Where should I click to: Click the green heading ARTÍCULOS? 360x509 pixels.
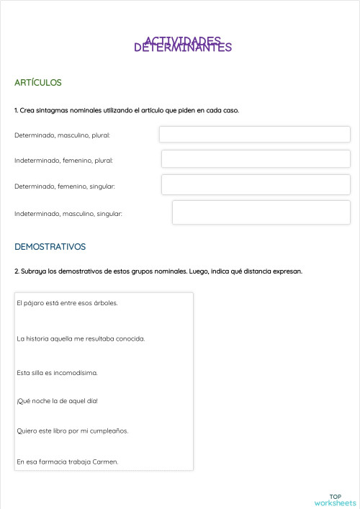click(37, 83)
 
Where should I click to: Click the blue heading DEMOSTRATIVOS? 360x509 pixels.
click(50, 246)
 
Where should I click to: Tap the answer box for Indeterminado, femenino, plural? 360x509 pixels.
click(256, 159)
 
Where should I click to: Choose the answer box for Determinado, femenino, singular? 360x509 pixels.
click(256, 184)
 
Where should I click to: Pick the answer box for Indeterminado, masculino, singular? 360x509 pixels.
click(261, 212)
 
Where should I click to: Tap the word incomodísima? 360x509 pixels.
click(76, 373)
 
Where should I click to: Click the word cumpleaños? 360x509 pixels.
click(112, 431)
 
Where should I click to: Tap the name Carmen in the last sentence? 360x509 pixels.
click(105, 461)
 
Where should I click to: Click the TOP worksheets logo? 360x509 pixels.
click(335, 500)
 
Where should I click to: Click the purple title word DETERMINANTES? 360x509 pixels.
click(183, 48)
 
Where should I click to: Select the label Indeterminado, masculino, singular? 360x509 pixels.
click(68, 214)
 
